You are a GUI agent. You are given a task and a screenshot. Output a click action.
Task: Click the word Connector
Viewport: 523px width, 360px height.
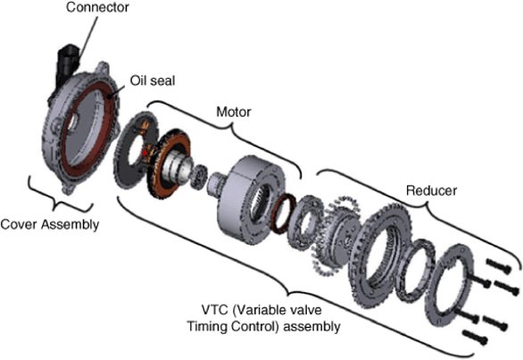(x=97, y=7)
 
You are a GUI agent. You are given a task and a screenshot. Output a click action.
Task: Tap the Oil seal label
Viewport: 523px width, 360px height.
(x=153, y=80)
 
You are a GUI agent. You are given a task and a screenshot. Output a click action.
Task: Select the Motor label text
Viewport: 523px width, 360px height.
(x=234, y=112)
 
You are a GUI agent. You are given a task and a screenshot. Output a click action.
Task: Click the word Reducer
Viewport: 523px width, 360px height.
(x=431, y=190)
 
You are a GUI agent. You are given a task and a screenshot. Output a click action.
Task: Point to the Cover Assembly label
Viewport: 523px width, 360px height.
(x=50, y=224)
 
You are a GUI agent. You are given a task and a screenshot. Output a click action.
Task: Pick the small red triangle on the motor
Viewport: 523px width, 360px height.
(x=145, y=153)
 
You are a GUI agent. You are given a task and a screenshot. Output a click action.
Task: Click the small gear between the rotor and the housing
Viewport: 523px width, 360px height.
(x=199, y=177)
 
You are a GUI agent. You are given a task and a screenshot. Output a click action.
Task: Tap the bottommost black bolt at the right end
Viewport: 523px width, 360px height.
(x=476, y=338)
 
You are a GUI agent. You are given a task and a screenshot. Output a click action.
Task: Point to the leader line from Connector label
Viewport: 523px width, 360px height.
(x=87, y=38)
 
